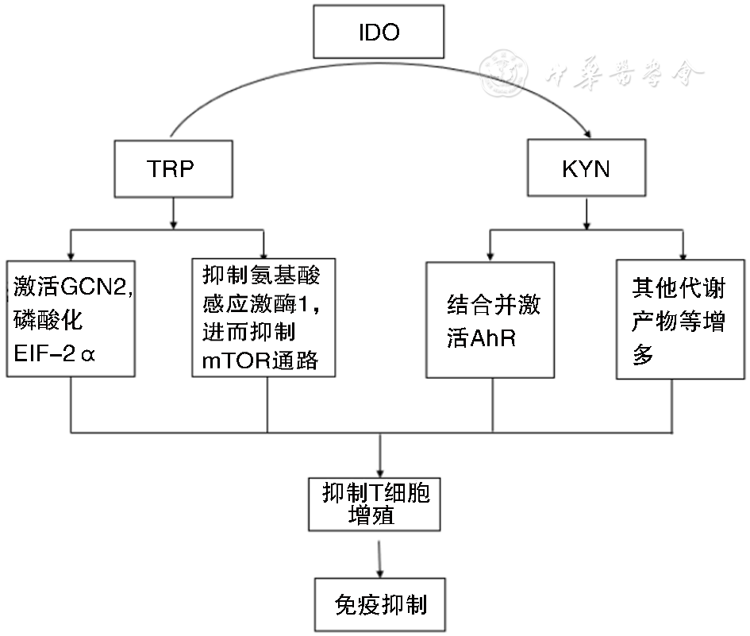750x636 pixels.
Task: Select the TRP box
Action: click(172, 169)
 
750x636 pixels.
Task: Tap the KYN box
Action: click(587, 169)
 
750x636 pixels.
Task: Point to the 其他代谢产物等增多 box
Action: click(680, 318)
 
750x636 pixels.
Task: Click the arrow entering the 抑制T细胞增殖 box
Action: click(381, 468)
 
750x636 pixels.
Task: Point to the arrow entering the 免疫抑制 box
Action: click(381, 565)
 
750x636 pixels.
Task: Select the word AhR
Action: click(493, 340)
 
